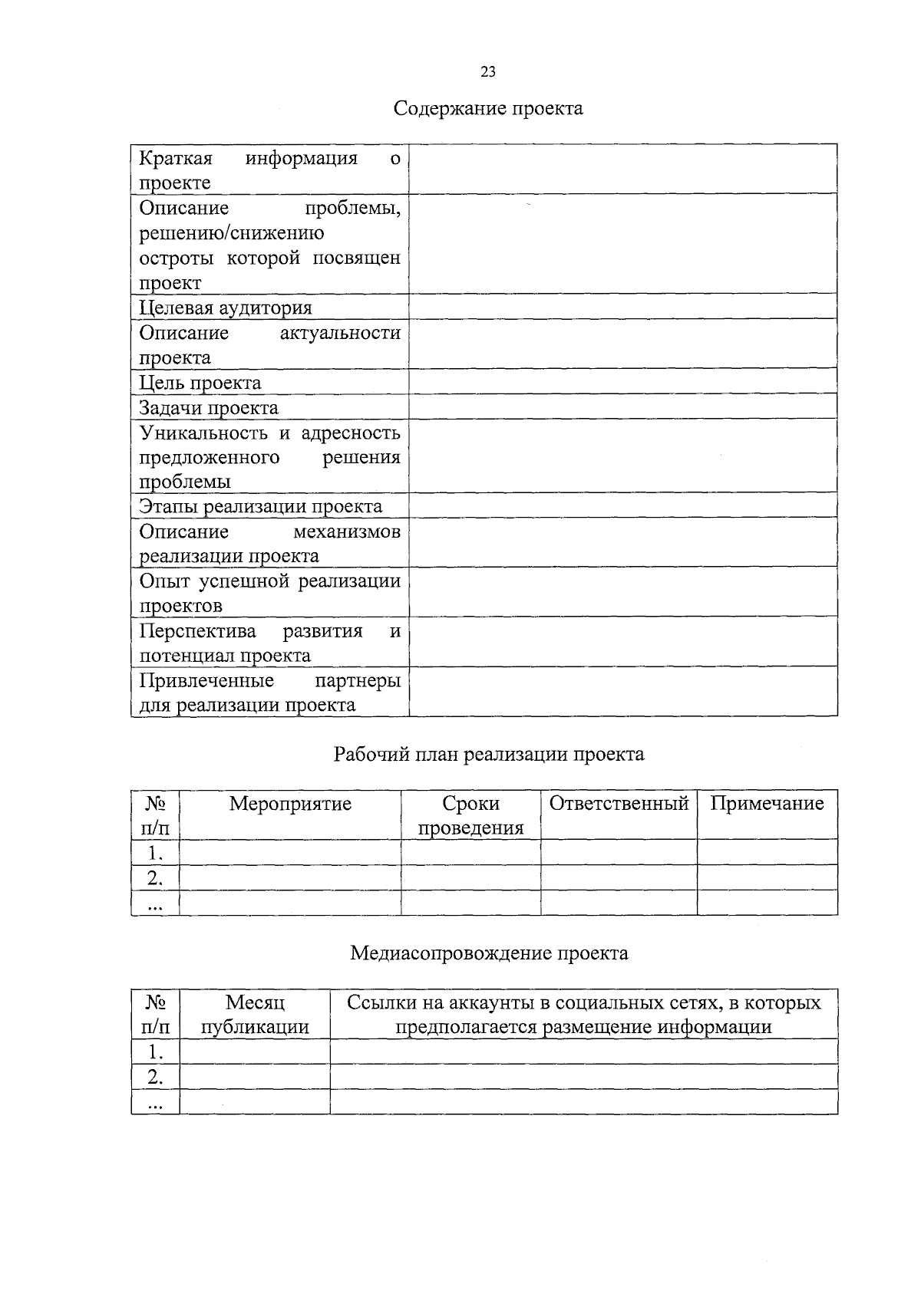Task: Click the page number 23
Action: tap(488, 72)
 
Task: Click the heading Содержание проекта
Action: tap(488, 108)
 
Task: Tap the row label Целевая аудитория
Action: tap(226, 308)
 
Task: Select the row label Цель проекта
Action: tap(200, 383)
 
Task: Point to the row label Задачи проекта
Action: tap(209, 408)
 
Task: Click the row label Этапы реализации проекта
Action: tap(260, 506)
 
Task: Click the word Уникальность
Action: tap(203, 433)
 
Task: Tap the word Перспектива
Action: tap(197, 630)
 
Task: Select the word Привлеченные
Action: tap(206, 680)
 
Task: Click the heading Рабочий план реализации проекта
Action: tap(488, 755)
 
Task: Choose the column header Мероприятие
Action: tap(290, 804)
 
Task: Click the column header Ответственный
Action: tap(619, 804)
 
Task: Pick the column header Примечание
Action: tap(767, 804)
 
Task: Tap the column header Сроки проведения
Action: tap(470, 815)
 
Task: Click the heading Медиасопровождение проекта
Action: tap(488, 953)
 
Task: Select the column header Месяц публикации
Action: tap(255, 1015)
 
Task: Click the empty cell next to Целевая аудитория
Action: tap(622, 308)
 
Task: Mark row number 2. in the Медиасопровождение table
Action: tap(155, 1077)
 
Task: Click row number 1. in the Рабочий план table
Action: tap(155, 853)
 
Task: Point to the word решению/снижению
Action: tap(231, 233)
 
